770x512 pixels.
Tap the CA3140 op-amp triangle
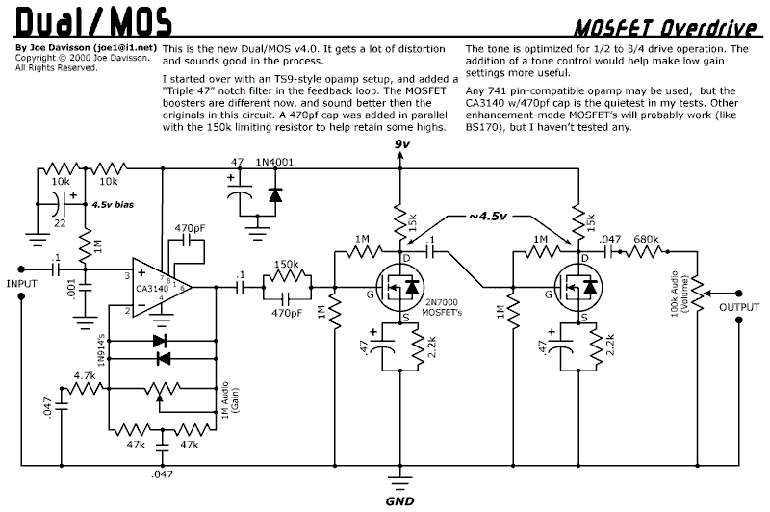click(160, 285)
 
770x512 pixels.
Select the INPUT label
click(21, 284)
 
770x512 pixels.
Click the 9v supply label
click(403, 144)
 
